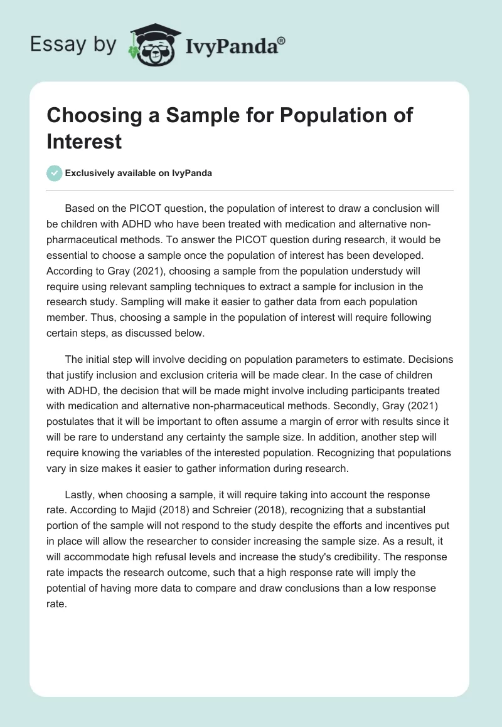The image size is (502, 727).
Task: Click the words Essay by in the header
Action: (73, 45)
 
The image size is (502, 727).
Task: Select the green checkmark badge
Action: (55, 173)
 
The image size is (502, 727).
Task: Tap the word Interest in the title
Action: (83, 141)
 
